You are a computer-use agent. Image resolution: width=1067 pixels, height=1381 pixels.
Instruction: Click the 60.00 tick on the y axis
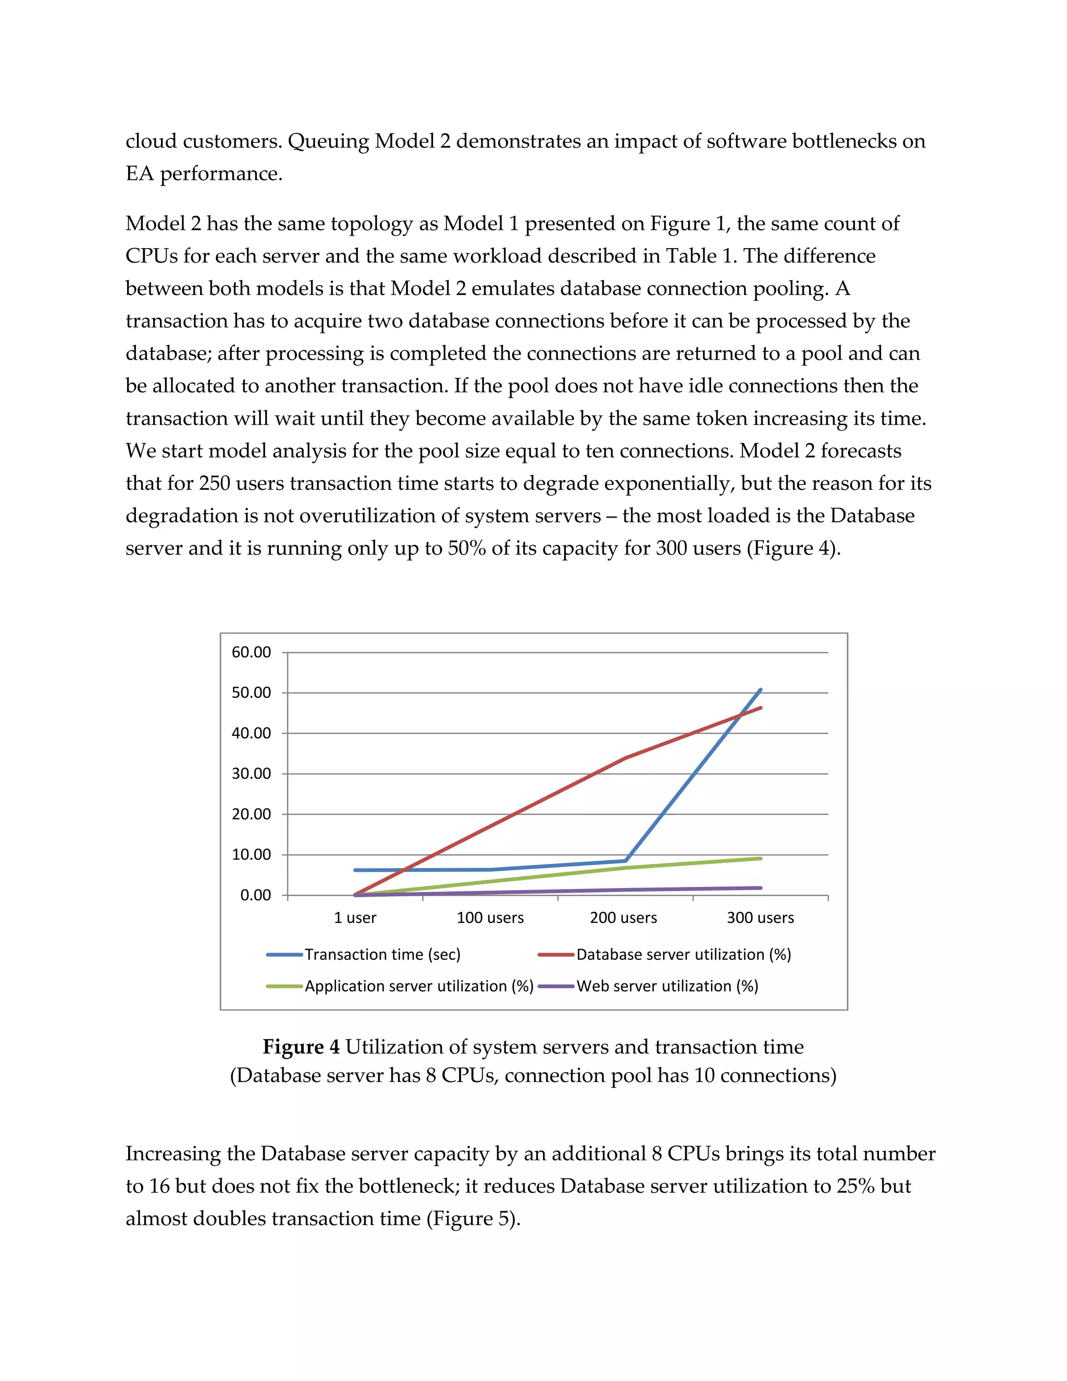251,652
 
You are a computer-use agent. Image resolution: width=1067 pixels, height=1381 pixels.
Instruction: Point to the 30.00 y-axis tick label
251,774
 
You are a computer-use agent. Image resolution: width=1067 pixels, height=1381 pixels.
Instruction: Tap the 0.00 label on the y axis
255,895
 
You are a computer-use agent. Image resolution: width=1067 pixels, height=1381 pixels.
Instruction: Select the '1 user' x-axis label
355,918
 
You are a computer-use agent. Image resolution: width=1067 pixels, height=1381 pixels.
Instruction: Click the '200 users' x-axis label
623,918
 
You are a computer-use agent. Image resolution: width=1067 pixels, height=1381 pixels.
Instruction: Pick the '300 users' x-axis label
760,918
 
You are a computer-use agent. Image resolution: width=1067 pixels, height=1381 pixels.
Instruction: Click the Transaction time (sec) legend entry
382,955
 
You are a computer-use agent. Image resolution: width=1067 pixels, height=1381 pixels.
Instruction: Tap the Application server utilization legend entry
418,987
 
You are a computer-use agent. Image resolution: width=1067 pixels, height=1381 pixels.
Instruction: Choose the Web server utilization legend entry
667,987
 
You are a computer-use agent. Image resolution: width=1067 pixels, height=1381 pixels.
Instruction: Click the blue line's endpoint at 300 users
761,690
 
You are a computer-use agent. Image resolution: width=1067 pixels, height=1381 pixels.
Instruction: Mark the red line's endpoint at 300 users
761,708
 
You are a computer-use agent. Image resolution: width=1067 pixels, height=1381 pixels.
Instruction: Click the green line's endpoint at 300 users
761,859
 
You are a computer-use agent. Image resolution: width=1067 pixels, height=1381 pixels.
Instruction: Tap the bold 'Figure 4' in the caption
302,1047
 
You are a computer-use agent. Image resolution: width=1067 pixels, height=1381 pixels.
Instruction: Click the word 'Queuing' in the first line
328,141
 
